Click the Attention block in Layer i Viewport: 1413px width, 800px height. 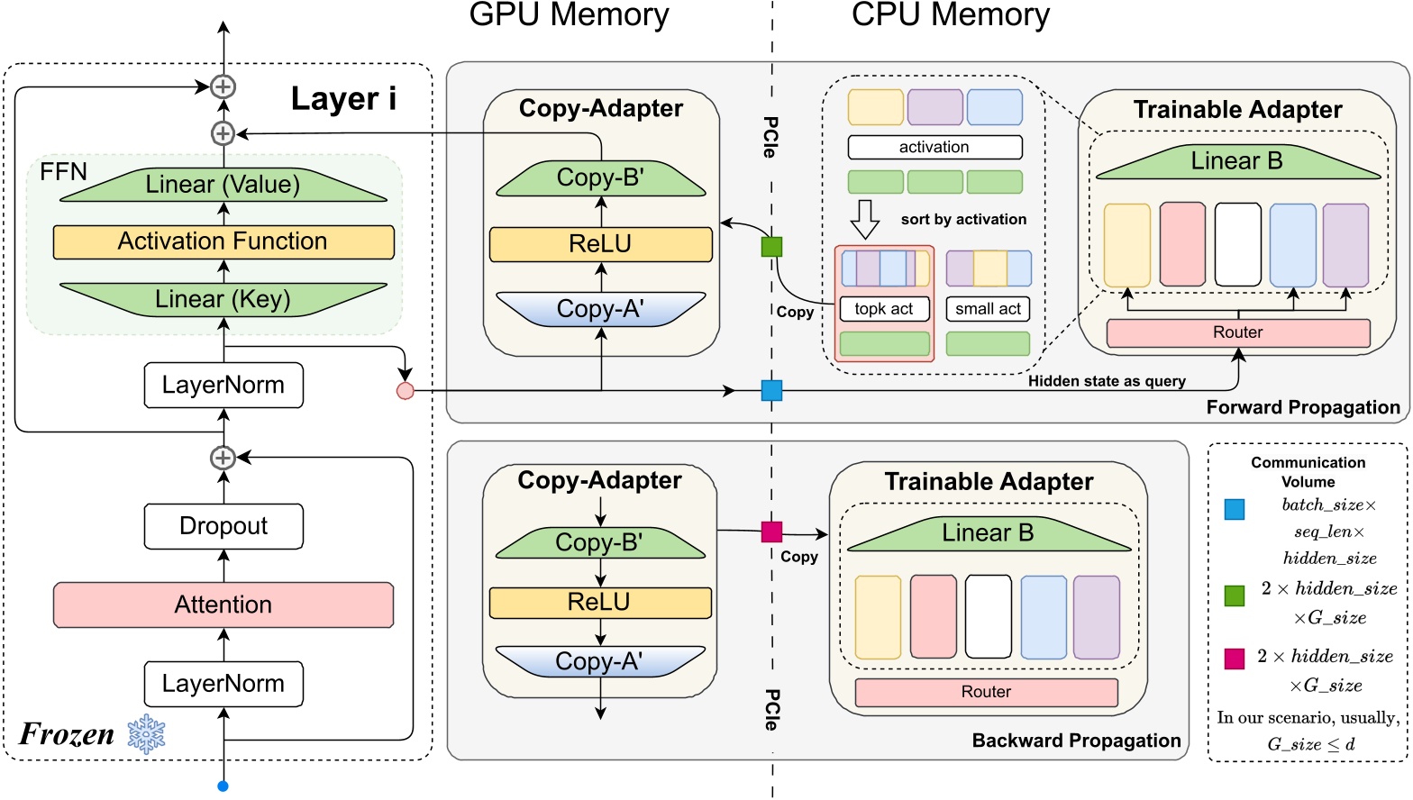pyautogui.click(x=223, y=605)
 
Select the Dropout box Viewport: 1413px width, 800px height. pyautogui.click(x=223, y=526)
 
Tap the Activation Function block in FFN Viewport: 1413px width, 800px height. pyautogui.click(x=223, y=241)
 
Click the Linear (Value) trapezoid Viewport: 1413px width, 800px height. pyautogui.click(x=223, y=185)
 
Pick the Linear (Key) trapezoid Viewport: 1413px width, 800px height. pyautogui.click(x=223, y=299)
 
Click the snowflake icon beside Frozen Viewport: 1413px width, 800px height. pyautogui.click(x=146, y=735)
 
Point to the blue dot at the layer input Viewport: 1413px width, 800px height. pyautogui.click(x=223, y=786)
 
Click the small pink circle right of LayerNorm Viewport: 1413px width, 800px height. pyautogui.click(x=406, y=391)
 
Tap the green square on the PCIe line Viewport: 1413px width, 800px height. pyautogui.click(x=771, y=246)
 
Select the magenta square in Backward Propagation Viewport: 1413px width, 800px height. pyautogui.click(x=771, y=532)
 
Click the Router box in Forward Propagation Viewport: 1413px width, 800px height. pyautogui.click(x=1238, y=332)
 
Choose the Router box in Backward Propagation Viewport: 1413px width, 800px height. pyautogui.click(x=986, y=692)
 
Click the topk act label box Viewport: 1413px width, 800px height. pyautogui.click(x=884, y=309)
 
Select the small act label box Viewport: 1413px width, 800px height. pyautogui.click(x=988, y=309)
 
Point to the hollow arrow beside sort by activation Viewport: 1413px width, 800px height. pyautogui.click(x=865, y=219)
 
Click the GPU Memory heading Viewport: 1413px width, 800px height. pyautogui.click(x=569, y=15)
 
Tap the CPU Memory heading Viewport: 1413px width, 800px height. pyautogui.click(x=951, y=15)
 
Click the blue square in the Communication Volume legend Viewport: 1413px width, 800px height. pyautogui.click(x=1235, y=509)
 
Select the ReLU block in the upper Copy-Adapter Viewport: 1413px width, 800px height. pyautogui.click(x=601, y=244)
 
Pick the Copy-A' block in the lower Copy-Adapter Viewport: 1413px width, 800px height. pyautogui.click(x=600, y=661)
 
